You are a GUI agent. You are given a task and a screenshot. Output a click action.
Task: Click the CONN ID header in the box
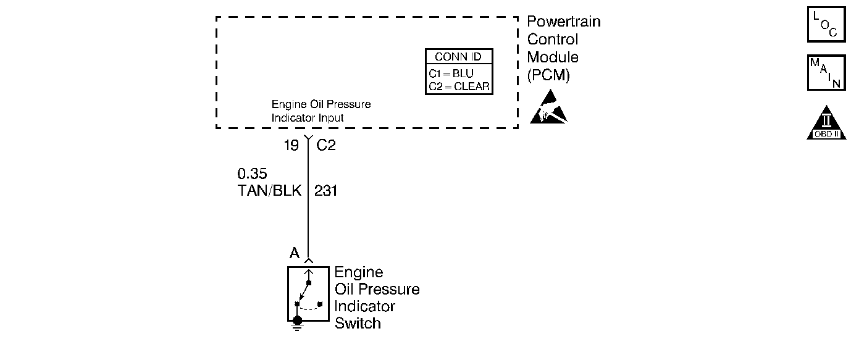pyautogui.click(x=458, y=57)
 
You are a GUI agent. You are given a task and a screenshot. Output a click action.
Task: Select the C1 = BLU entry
pyautogui.click(x=451, y=73)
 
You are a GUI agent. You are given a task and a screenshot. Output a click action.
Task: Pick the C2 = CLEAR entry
pyautogui.click(x=459, y=87)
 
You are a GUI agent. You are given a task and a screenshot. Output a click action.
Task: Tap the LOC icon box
pyautogui.click(x=826, y=25)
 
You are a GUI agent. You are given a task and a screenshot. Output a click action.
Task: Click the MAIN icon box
pyautogui.click(x=826, y=73)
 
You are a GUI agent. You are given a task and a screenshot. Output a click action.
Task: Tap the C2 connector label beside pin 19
pyautogui.click(x=326, y=146)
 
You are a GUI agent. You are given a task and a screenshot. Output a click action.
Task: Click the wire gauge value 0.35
pyautogui.click(x=252, y=175)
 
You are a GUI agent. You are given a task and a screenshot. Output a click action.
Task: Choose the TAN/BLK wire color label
pyautogui.click(x=269, y=191)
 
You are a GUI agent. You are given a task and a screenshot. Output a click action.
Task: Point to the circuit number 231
pyautogui.click(x=325, y=191)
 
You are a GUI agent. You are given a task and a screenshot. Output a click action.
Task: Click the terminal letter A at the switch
pyautogui.click(x=295, y=253)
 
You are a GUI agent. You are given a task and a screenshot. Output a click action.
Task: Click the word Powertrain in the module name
pyautogui.click(x=563, y=22)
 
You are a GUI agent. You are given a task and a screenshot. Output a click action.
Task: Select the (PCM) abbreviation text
pyautogui.click(x=548, y=76)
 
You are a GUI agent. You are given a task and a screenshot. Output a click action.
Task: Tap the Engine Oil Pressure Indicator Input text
pyautogui.click(x=321, y=111)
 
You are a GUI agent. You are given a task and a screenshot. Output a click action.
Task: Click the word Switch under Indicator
pyautogui.click(x=358, y=323)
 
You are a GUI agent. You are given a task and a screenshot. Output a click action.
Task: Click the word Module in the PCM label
pyautogui.click(x=553, y=57)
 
